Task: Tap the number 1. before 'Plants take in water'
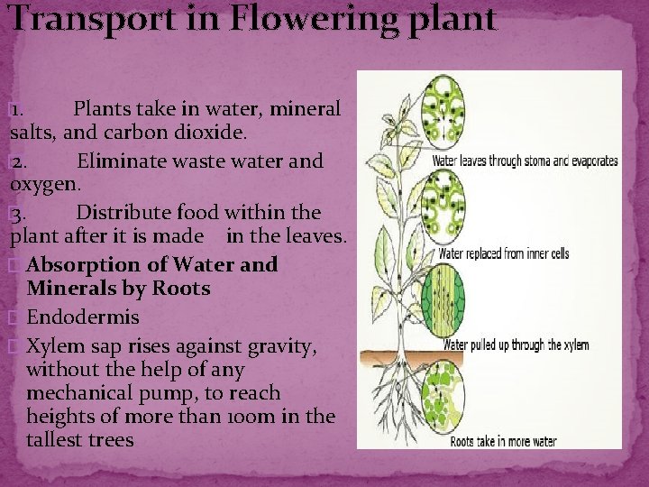[23, 110]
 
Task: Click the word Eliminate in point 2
[127, 161]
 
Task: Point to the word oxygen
[44, 184]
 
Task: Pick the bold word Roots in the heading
[179, 289]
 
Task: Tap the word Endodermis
[83, 317]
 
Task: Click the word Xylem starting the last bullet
[57, 346]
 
